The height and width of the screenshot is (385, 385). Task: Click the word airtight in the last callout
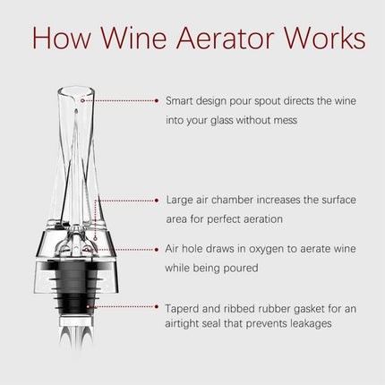coord(186,324)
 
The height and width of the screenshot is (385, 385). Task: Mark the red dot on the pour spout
coord(83,101)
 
